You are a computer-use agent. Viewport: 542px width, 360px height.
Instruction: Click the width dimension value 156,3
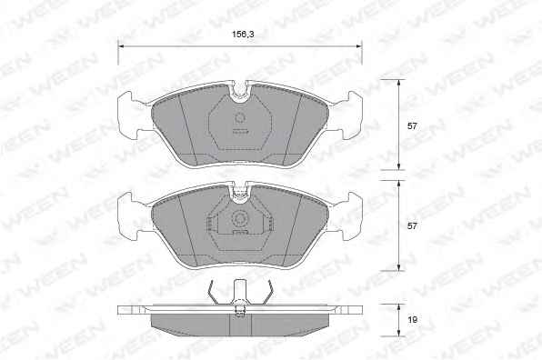coord(243,35)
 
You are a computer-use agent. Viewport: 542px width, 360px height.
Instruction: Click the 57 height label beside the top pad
coord(412,126)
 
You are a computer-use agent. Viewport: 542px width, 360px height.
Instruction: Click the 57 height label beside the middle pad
coord(412,226)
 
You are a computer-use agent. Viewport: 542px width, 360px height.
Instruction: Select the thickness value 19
coord(412,320)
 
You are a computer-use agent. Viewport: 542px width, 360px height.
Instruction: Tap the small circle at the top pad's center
coord(240,118)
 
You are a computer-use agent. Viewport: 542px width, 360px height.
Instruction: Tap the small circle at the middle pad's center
coord(240,218)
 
